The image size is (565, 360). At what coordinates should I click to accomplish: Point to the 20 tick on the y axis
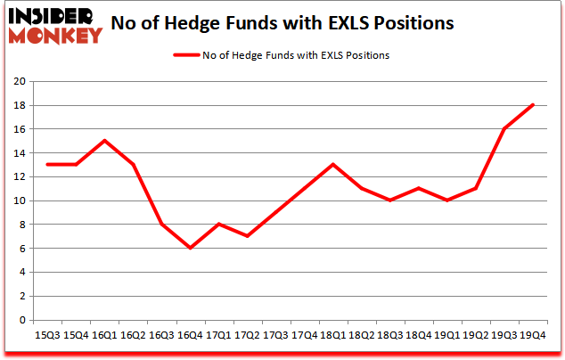[x=20, y=81]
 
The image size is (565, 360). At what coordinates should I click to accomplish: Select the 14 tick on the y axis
[x=20, y=153]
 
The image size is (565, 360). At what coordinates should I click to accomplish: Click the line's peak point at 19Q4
[x=533, y=105]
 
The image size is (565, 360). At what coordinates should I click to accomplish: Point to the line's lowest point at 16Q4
[x=190, y=248]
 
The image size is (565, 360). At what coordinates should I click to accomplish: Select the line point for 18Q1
[x=332, y=165]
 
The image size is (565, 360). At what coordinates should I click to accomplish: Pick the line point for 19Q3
[x=504, y=129]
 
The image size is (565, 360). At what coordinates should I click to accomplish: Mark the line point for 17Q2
[x=247, y=236]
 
